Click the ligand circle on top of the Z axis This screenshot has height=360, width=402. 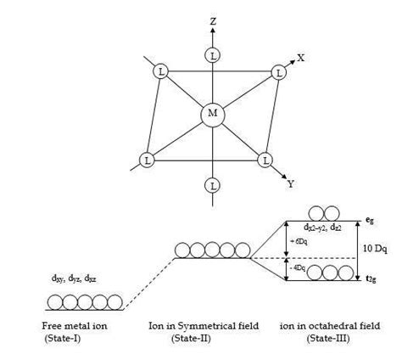[x=212, y=55]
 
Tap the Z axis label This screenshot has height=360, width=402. [x=212, y=19]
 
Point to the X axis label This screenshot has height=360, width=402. [x=300, y=59]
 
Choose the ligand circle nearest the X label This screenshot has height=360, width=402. [x=278, y=73]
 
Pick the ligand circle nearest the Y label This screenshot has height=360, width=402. [x=265, y=159]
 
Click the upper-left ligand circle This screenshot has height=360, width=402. [x=160, y=72]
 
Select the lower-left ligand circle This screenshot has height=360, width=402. [x=147, y=159]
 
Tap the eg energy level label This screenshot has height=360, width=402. [x=370, y=221]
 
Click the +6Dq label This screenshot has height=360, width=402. [x=298, y=240]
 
